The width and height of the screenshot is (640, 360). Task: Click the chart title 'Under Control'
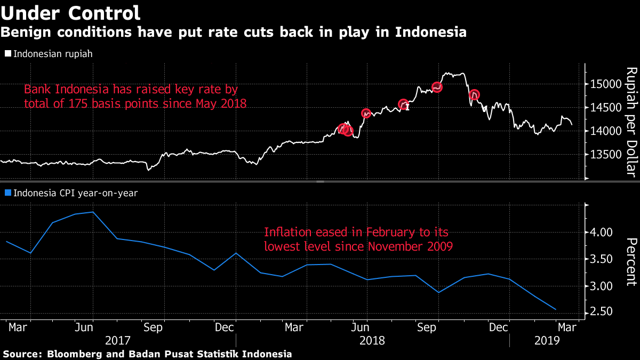71,13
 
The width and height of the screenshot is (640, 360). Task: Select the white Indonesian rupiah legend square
7,54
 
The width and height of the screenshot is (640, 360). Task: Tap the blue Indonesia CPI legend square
7,193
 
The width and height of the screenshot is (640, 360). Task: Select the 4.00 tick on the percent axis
602,233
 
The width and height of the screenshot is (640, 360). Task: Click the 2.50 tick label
602,312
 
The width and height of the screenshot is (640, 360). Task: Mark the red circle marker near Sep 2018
437,87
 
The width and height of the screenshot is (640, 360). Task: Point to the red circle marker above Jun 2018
366,113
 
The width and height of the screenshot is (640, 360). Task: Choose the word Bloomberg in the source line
72,354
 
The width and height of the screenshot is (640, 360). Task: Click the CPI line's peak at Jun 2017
93,212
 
